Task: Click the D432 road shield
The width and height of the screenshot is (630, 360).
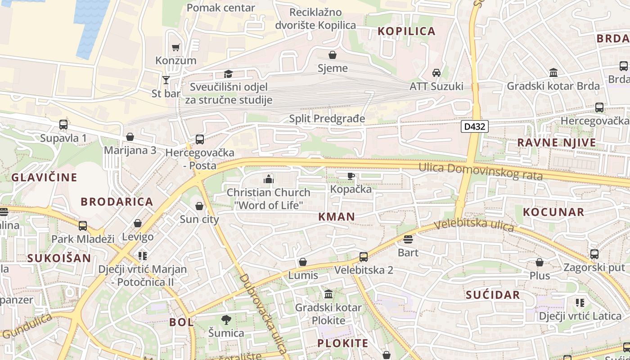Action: (x=475, y=126)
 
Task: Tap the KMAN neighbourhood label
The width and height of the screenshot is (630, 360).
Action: (x=337, y=216)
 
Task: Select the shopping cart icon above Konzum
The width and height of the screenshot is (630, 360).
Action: (x=176, y=47)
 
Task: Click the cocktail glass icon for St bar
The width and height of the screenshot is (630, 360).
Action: (x=166, y=80)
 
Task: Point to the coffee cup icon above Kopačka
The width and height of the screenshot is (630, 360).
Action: (x=351, y=176)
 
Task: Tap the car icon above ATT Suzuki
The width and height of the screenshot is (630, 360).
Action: (x=436, y=73)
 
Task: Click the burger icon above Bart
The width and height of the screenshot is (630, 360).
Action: (x=408, y=239)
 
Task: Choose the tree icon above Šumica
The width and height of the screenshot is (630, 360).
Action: (x=226, y=319)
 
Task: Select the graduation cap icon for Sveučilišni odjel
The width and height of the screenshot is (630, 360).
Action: (x=229, y=74)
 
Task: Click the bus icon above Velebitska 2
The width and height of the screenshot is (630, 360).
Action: (x=364, y=257)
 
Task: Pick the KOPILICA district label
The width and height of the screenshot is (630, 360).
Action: (x=406, y=31)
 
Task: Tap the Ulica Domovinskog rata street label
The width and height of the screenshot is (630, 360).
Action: (x=480, y=171)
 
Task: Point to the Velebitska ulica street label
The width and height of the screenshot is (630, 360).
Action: (x=474, y=224)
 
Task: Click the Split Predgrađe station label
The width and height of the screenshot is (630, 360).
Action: (x=327, y=119)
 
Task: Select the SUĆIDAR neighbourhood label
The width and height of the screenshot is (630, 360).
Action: (x=493, y=295)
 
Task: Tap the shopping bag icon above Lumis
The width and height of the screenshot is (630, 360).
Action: (x=303, y=262)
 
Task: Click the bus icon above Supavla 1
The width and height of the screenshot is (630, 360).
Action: (x=63, y=125)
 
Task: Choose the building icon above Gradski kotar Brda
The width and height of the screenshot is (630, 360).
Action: (x=553, y=73)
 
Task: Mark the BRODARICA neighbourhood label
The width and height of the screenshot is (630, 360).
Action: (x=117, y=201)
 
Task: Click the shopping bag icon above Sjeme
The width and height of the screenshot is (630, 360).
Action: (x=333, y=55)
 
